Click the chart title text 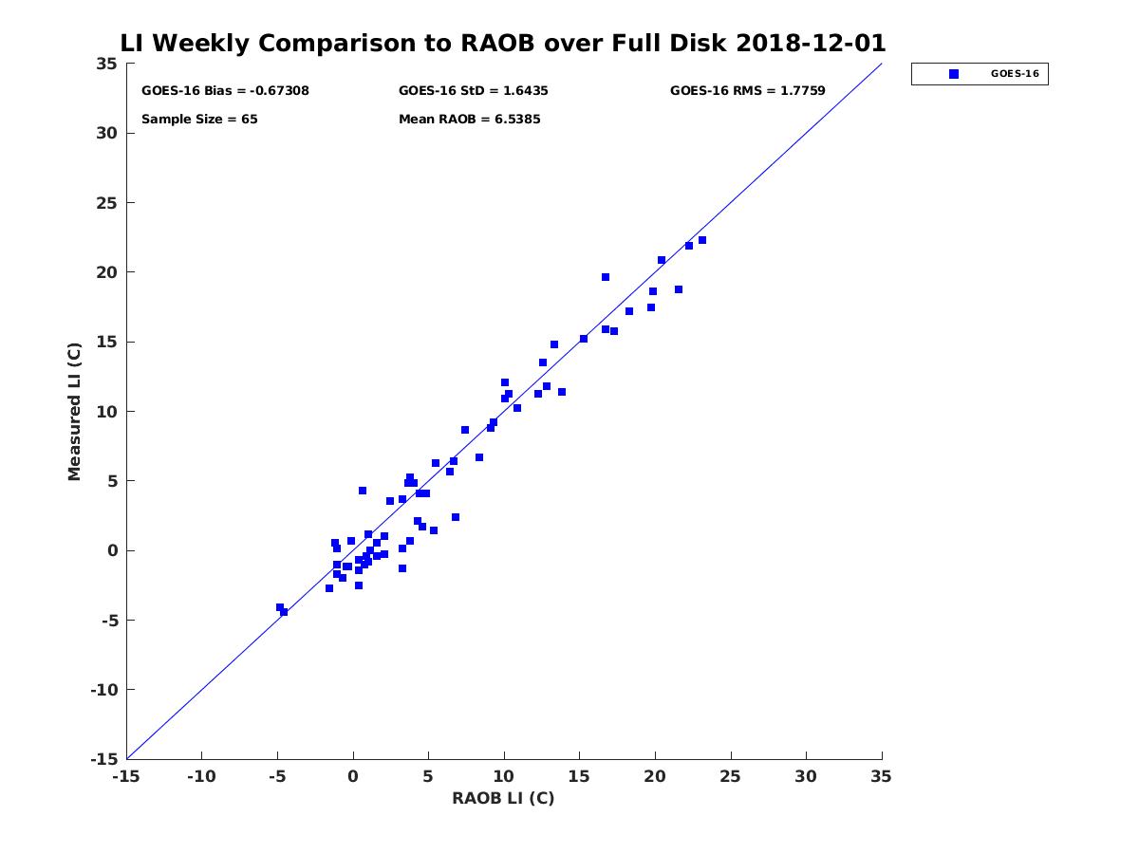pyautogui.click(x=503, y=44)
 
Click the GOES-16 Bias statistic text pyautogui.click(x=225, y=91)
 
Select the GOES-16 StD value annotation pyautogui.click(x=473, y=91)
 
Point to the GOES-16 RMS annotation pyautogui.click(x=747, y=91)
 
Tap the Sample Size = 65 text pyautogui.click(x=199, y=120)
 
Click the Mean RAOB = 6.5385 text pyautogui.click(x=469, y=120)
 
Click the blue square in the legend pyautogui.click(x=954, y=74)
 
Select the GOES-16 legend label pyautogui.click(x=1015, y=74)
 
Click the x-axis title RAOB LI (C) pyautogui.click(x=503, y=798)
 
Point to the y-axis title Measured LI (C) pyautogui.click(x=75, y=411)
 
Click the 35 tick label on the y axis pyautogui.click(x=107, y=65)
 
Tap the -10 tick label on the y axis pyautogui.click(x=103, y=690)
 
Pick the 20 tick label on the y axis pyautogui.click(x=107, y=272)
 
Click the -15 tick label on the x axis pyautogui.click(x=125, y=776)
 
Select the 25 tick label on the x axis pyautogui.click(x=730, y=776)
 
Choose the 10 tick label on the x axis pyautogui.click(x=503, y=776)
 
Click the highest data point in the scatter pyautogui.click(x=702, y=240)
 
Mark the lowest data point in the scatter pyautogui.click(x=284, y=612)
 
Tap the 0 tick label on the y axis pyautogui.click(x=112, y=550)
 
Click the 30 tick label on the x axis pyautogui.click(x=806, y=776)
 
